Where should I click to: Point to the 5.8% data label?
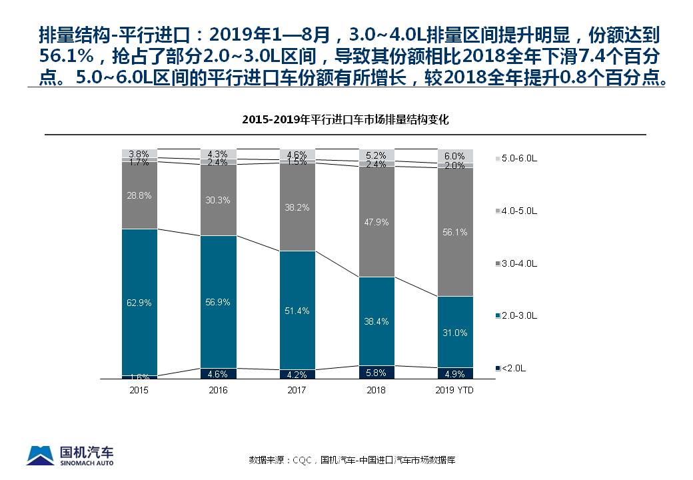click(376, 373)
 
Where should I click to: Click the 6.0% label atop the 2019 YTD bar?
click(455, 155)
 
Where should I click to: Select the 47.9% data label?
click(376, 222)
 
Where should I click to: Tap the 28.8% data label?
click(139, 195)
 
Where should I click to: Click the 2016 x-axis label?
click(219, 390)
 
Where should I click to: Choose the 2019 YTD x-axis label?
click(455, 390)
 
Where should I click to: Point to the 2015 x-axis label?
click(139, 390)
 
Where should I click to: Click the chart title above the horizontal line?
click(345, 121)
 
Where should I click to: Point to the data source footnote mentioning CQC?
click(352, 460)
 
